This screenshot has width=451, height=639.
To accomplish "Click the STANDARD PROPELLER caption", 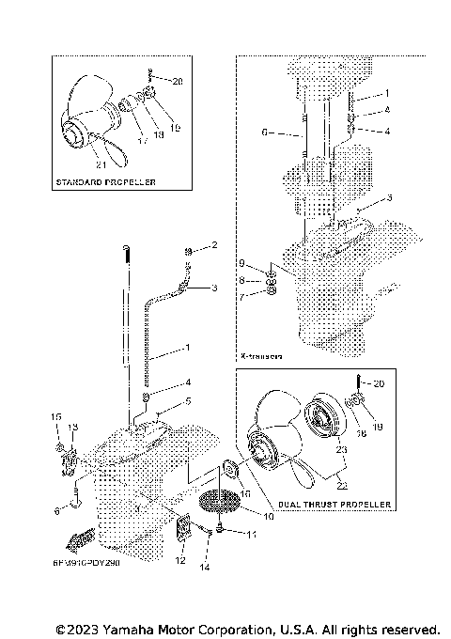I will (x=106, y=180).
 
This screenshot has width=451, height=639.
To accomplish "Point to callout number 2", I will (x=213, y=245).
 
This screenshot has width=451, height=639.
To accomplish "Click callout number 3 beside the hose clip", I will (x=214, y=288).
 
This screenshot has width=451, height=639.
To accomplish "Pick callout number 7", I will (x=241, y=296).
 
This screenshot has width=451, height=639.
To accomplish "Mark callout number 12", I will (x=180, y=561).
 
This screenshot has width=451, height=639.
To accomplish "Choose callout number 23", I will (x=341, y=449).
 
